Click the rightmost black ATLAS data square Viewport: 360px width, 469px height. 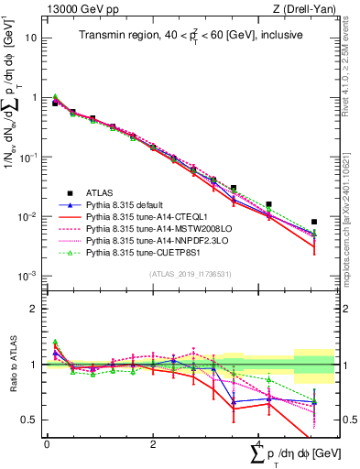[x=314, y=222]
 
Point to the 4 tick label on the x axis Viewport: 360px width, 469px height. [x=260, y=443]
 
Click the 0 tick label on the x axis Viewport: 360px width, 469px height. [x=47, y=443]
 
